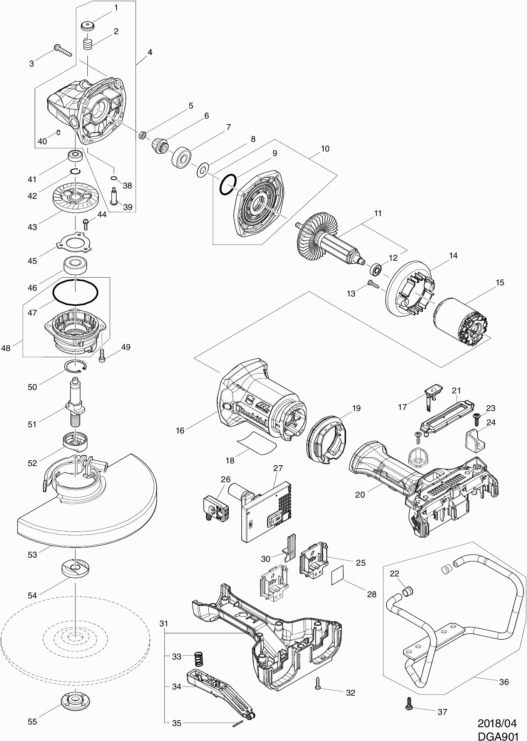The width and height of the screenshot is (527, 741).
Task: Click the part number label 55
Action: (32, 721)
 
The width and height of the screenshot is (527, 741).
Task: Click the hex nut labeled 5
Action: (142, 135)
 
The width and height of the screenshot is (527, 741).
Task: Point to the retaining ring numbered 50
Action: (75, 367)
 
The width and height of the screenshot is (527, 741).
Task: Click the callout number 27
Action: (278, 468)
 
